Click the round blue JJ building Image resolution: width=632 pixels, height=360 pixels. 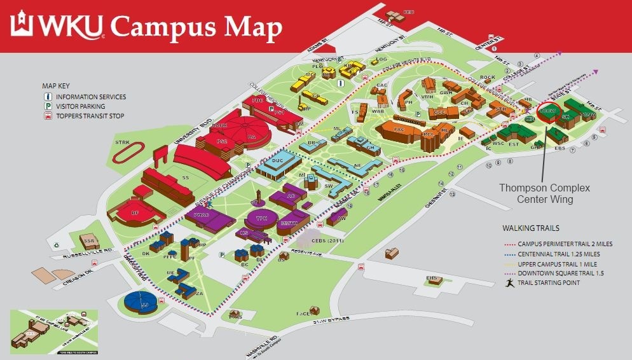point(142,301)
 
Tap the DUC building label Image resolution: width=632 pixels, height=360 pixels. point(277,162)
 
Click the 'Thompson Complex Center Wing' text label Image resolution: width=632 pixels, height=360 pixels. point(544,193)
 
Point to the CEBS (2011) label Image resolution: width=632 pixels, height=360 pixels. point(326,240)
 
